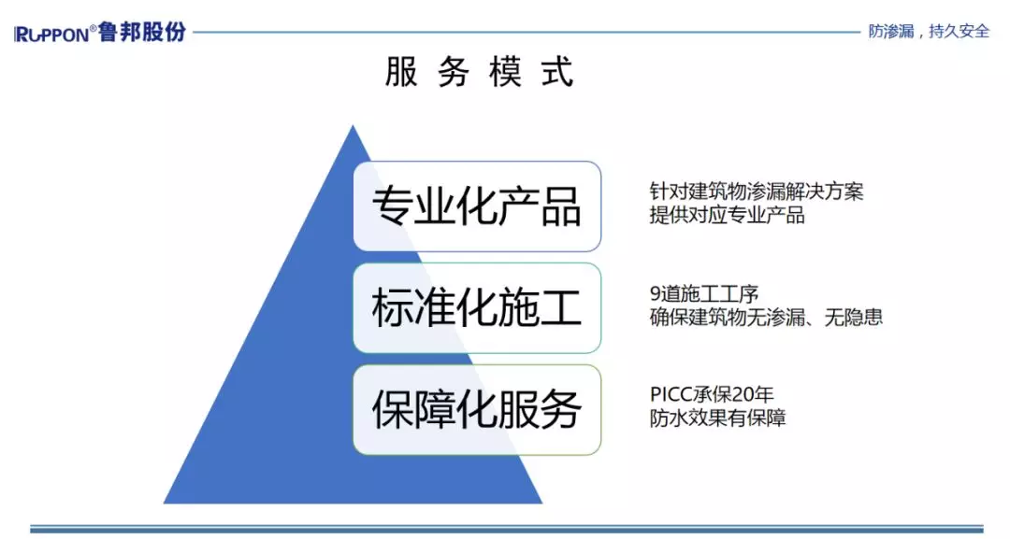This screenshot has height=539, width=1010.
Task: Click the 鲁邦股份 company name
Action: pyautogui.click(x=142, y=32)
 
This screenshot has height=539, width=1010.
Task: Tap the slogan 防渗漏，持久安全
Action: pyautogui.click(x=929, y=31)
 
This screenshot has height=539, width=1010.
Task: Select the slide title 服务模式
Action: pyautogui.click(x=479, y=71)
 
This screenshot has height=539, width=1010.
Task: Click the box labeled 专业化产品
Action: pyautogui.click(x=477, y=206)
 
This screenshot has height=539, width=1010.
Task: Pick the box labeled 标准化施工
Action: pyautogui.click(x=477, y=308)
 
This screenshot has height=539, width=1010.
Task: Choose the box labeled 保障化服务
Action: pyautogui.click(x=477, y=410)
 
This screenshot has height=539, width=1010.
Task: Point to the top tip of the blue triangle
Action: pyautogui.click(x=353, y=125)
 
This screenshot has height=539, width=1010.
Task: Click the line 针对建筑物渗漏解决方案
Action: pyautogui.click(x=757, y=191)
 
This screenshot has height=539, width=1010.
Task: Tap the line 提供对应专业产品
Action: pyautogui.click(x=728, y=215)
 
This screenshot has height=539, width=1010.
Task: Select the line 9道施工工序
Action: pyautogui.click(x=704, y=294)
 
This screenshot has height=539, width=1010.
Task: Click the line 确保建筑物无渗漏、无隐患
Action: pyautogui.click(x=766, y=317)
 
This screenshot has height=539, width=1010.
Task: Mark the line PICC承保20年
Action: pyautogui.click(x=711, y=394)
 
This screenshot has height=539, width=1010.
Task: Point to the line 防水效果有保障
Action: pyautogui.click(x=717, y=418)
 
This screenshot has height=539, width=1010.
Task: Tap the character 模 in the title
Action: pyautogui.click(x=505, y=71)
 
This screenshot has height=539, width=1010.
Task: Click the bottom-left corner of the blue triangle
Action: pyautogui.click(x=164, y=503)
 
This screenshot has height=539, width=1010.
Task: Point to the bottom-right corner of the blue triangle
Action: pyautogui.click(x=542, y=503)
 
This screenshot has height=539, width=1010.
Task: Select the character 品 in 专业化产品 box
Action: pyautogui.click(x=560, y=206)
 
